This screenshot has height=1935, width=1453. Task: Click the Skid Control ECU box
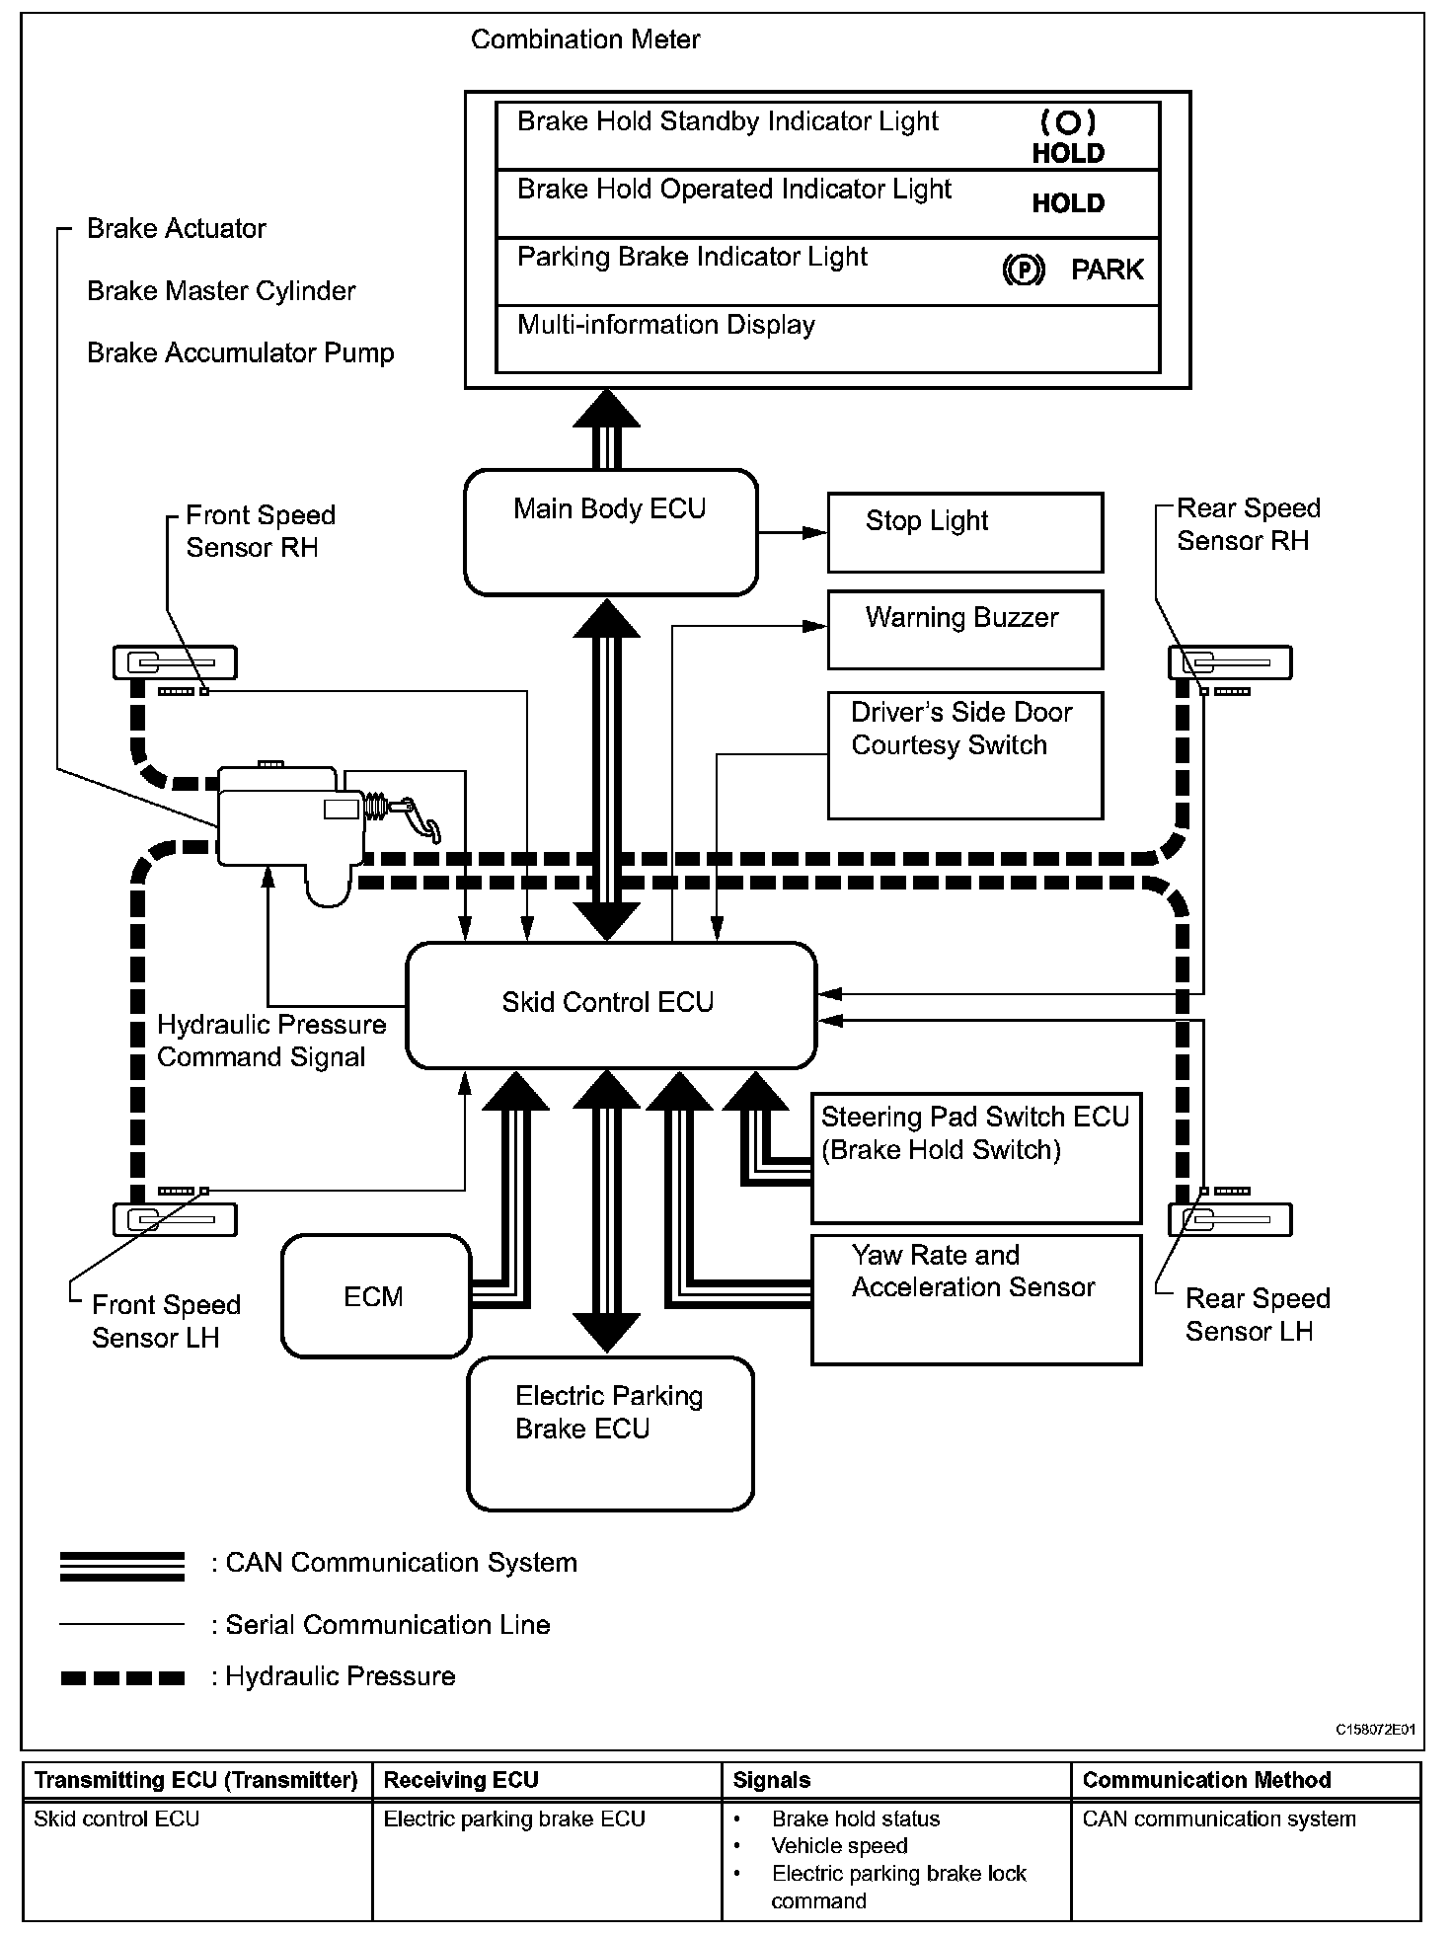(x=611, y=1005)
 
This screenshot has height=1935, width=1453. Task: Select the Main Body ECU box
(x=611, y=532)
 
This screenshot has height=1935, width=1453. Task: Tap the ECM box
(x=375, y=1296)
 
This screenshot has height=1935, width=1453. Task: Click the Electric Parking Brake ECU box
(x=610, y=1433)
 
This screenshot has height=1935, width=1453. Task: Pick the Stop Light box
(x=964, y=532)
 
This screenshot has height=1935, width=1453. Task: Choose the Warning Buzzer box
(x=964, y=630)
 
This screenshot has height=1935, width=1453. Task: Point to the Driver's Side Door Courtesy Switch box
(x=964, y=755)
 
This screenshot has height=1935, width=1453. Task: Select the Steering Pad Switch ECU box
(x=975, y=1157)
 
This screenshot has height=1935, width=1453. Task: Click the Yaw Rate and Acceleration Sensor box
(x=975, y=1299)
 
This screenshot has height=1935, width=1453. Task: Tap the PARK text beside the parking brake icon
(x=1107, y=270)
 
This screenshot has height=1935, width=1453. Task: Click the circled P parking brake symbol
(x=1023, y=270)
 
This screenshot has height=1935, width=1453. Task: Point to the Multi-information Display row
(x=827, y=339)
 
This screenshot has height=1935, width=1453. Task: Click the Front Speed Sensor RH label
(x=260, y=531)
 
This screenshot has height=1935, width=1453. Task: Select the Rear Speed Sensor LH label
(x=1257, y=1315)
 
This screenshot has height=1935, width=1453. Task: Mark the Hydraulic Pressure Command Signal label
(x=270, y=1041)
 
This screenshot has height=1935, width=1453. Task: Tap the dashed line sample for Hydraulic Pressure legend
(x=122, y=1677)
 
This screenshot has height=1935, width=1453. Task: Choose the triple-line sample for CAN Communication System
(x=122, y=1567)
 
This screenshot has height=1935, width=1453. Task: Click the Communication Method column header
(x=1206, y=1780)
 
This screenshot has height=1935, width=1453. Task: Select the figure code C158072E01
(x=1375, y=1730)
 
